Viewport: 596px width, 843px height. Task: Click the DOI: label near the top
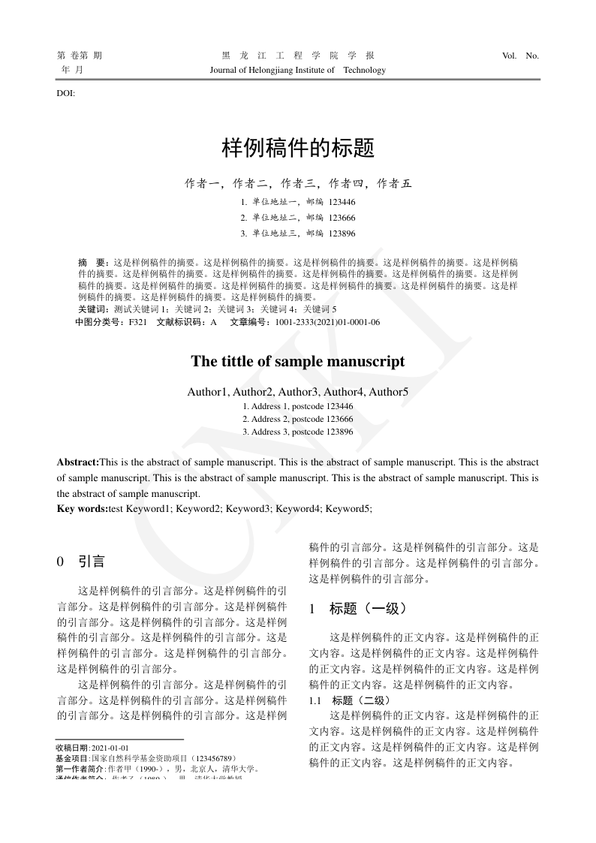66,94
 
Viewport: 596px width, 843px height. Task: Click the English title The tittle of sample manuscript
297,361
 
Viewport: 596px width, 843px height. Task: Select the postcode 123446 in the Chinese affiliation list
342,202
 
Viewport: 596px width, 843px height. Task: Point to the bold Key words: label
83,508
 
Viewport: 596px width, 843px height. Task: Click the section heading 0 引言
82,561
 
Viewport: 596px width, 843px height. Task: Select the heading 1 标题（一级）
358,609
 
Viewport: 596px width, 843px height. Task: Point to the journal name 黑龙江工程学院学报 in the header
297,56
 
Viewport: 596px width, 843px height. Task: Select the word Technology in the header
364,70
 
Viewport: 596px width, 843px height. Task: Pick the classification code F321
137,322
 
